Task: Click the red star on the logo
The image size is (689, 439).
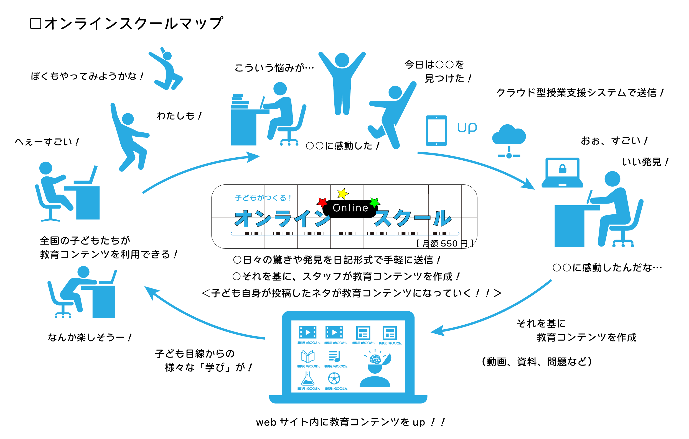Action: (x=322, y=202)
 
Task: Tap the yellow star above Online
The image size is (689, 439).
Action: (x=343, y=194)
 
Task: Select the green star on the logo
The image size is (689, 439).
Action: (x=375, y=202)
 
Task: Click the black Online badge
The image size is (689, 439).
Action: (x=350, y=208)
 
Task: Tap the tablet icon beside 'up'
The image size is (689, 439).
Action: (x=436, y=131)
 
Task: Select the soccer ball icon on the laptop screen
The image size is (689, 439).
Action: (x=334, y=379)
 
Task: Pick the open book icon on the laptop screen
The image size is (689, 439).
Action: (x=307, y=356)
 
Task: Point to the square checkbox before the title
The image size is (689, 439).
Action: (x=36, y=24)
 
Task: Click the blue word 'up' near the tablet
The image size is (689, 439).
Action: (x=467, y=128)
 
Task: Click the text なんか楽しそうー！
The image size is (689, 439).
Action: (x=90, y=338)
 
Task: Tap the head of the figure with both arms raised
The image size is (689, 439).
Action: (x=342, y=60)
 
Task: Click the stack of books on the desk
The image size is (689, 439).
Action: (x=240, y=101)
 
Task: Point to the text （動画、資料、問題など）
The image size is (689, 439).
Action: (x=537, y=361)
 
